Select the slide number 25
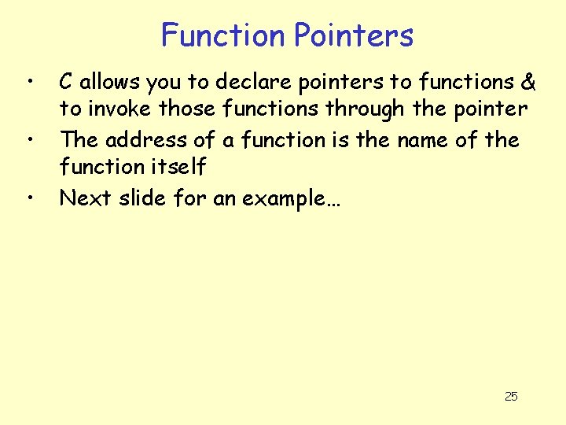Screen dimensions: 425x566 pyautogui.click(x=511, y=396)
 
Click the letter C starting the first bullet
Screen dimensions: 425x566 pyautogui.click(x=68, y=82)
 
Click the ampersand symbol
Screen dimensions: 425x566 pyautogui.click(x=528, y=82)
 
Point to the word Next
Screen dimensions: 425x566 pyautogui.click(x=86, y=198)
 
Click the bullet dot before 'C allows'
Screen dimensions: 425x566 pyautogui.click(x=29, y=82)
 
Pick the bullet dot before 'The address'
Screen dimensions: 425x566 pyautogui.click(x=29, y=140)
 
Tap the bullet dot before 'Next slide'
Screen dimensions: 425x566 pyautogui.click(x=29, y=198)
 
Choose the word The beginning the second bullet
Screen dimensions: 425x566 pyautogui.click(x=79, y=140)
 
